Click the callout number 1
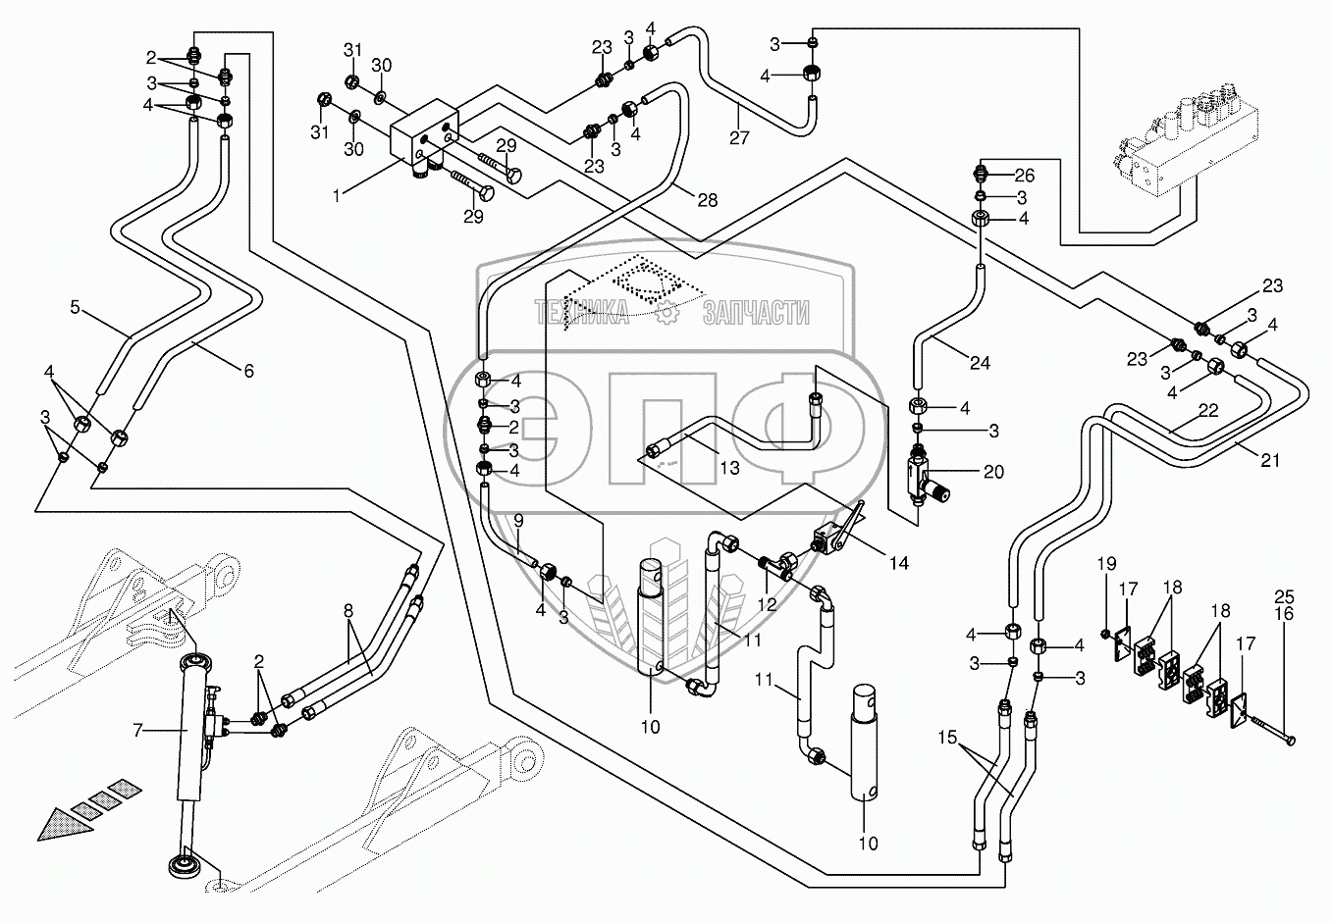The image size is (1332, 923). [x=337, y=195]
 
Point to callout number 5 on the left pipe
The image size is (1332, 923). [x=75, y=307]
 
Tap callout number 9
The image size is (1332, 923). [x=518, y=519]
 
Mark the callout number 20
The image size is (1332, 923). [x=993, y=471]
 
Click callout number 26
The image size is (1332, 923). [x=1024, y=177]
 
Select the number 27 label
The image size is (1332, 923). [x=739, y=137]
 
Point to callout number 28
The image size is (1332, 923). [x=707, y=199]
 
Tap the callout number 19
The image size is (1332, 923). [x=1107, y=564]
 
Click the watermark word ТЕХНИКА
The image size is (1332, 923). [x=581, y=313]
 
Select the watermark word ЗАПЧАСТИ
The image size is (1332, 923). [x=756, y=313]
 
